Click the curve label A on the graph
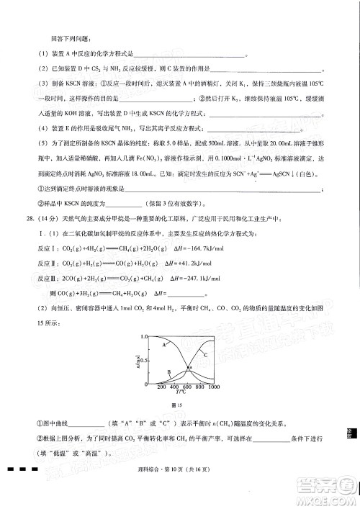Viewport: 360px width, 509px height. click(x=164, y=346)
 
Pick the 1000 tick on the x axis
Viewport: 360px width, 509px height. click(x=213, y=387)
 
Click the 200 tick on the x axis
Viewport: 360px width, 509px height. click(x=162, y=387)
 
